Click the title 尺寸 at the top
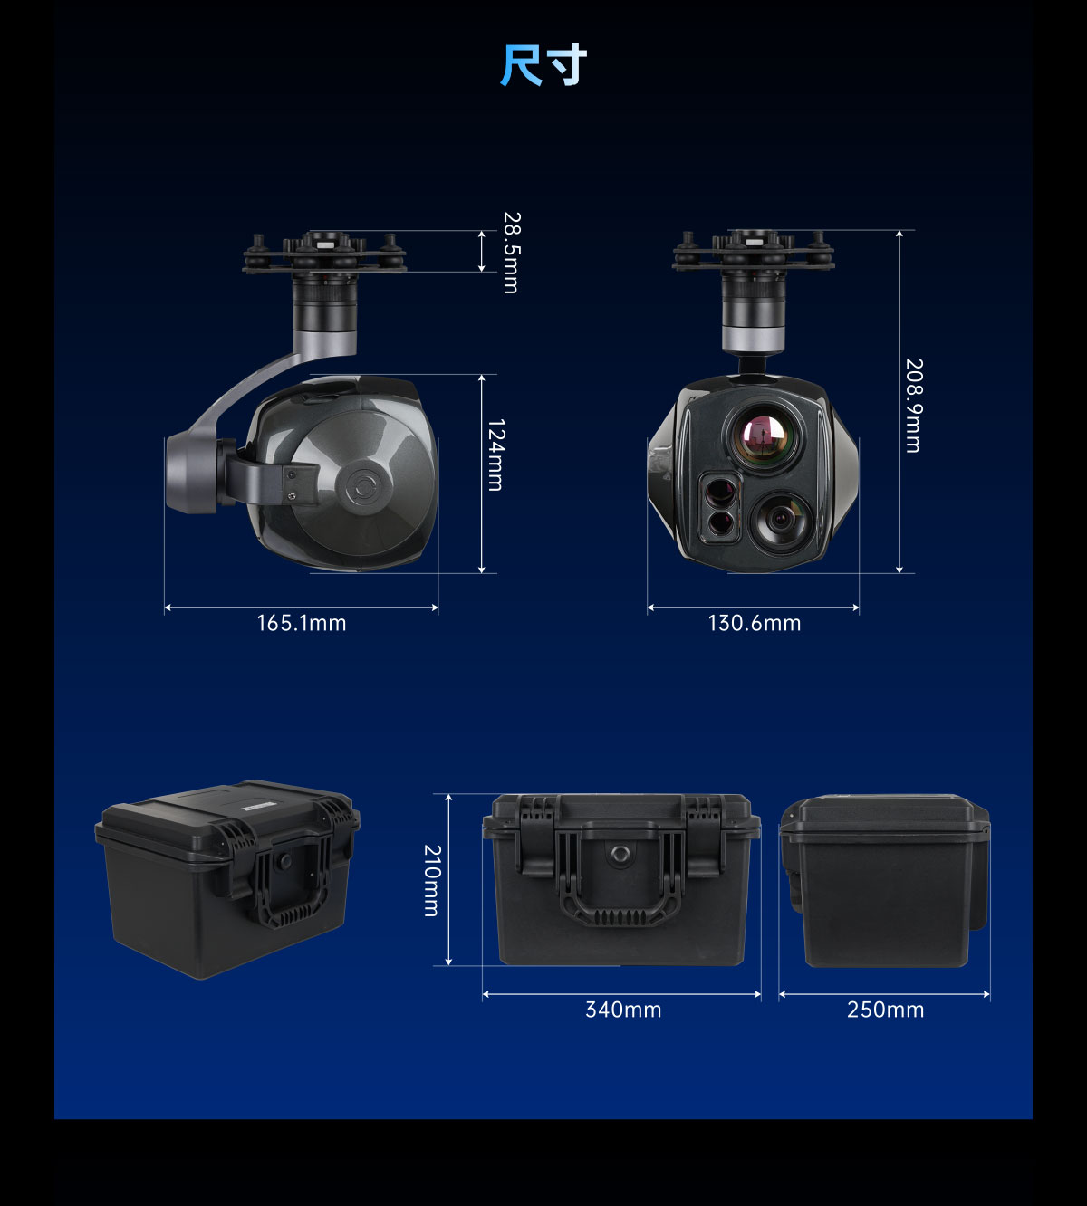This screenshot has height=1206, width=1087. pyautogui.click(x=543, y=65)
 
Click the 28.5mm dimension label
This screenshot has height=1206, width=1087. pyautogui.click(x=511, y=253)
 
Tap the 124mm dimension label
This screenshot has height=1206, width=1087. pyautogui.click(x=495, y=455)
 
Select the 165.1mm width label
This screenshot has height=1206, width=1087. pyautogui.click(x=302, y=623)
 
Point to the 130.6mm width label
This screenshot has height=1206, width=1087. pyautogui.click(x=755, y=623)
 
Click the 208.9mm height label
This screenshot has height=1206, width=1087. pyautogui.click(x=914, y=406)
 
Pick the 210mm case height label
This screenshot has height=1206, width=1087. pyautogui.click(x=432, y=881)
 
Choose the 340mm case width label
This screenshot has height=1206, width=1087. pyautogui.click(x=623, y=1010)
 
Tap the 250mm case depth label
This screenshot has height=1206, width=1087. pyautogui.click(x=886, y=1010)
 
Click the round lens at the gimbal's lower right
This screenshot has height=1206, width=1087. pyautogui.click(x=781, y=520)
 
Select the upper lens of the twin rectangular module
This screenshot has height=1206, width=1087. pyautogui.click(x=719, y=491)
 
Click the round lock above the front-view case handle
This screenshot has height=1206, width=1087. pyautogui.click(x=620, y=853)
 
